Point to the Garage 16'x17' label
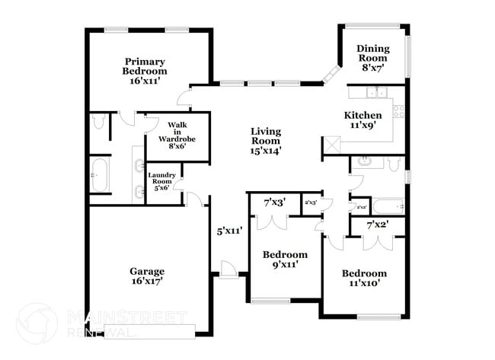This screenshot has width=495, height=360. [147, 276]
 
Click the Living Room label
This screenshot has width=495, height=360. [266, 141]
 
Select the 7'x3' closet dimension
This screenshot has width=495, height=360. [274, 203]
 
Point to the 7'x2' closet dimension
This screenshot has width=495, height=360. [378, 225]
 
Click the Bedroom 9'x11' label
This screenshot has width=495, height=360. [285, 260]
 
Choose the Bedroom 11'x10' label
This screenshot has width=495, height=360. [363, 278]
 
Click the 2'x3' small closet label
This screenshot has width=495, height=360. [311, 203]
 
